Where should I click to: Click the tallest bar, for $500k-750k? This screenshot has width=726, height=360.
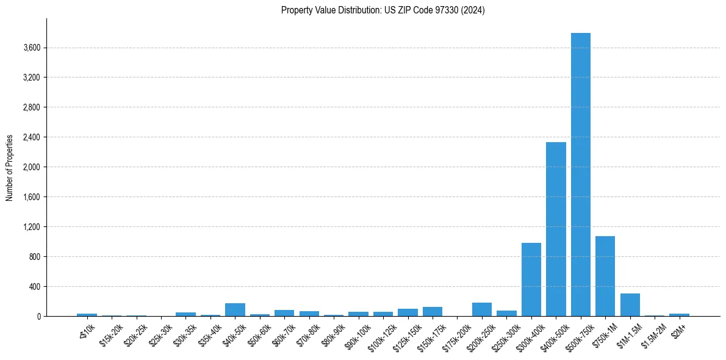[x=580, y=175]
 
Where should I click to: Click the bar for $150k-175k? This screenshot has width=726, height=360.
[x=432, y=312]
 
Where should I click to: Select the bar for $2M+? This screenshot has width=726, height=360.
[x=679, y=315]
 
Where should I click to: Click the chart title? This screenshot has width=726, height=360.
[x=383, y=10]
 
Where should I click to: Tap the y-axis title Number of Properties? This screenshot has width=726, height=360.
[x=10, y=167]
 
